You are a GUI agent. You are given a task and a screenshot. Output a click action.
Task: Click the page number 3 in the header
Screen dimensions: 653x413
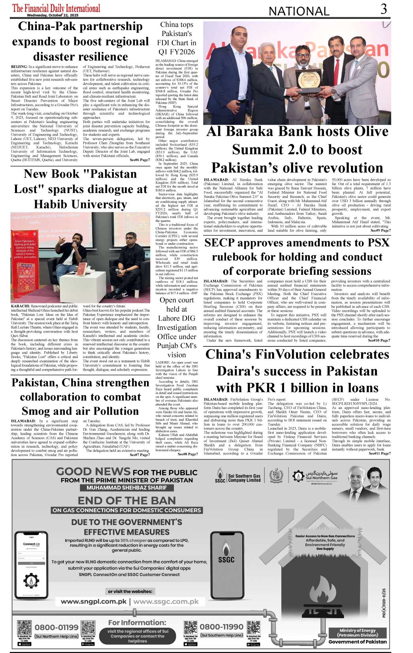click(383, 9)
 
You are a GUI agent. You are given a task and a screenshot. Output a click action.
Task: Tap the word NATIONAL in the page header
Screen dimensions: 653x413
click(299, 11)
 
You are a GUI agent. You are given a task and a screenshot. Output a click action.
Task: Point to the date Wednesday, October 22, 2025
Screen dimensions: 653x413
click(53, 15)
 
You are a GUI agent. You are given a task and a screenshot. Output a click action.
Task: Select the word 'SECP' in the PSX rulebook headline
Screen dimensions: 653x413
click(220, 243)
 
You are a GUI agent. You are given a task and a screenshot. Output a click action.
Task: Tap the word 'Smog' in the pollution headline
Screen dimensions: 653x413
click(38, 411)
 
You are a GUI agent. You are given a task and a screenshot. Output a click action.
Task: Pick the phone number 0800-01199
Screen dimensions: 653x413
click(57, 627)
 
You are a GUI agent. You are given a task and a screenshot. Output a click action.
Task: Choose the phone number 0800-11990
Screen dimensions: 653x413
click(221, 627)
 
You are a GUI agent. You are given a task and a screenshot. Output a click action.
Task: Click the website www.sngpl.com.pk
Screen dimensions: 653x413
click(94, 602)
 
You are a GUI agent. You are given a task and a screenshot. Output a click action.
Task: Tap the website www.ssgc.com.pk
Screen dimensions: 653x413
click(166, 602)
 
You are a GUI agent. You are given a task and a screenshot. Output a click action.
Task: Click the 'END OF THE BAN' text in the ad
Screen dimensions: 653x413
click(126, 501)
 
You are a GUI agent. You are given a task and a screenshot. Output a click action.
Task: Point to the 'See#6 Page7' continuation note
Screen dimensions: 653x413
click(140, 160)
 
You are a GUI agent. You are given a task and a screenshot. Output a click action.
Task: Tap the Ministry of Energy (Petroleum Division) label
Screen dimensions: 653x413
click(357, 632)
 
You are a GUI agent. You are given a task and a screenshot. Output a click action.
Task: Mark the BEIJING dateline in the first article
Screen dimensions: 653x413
click(19, 67)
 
